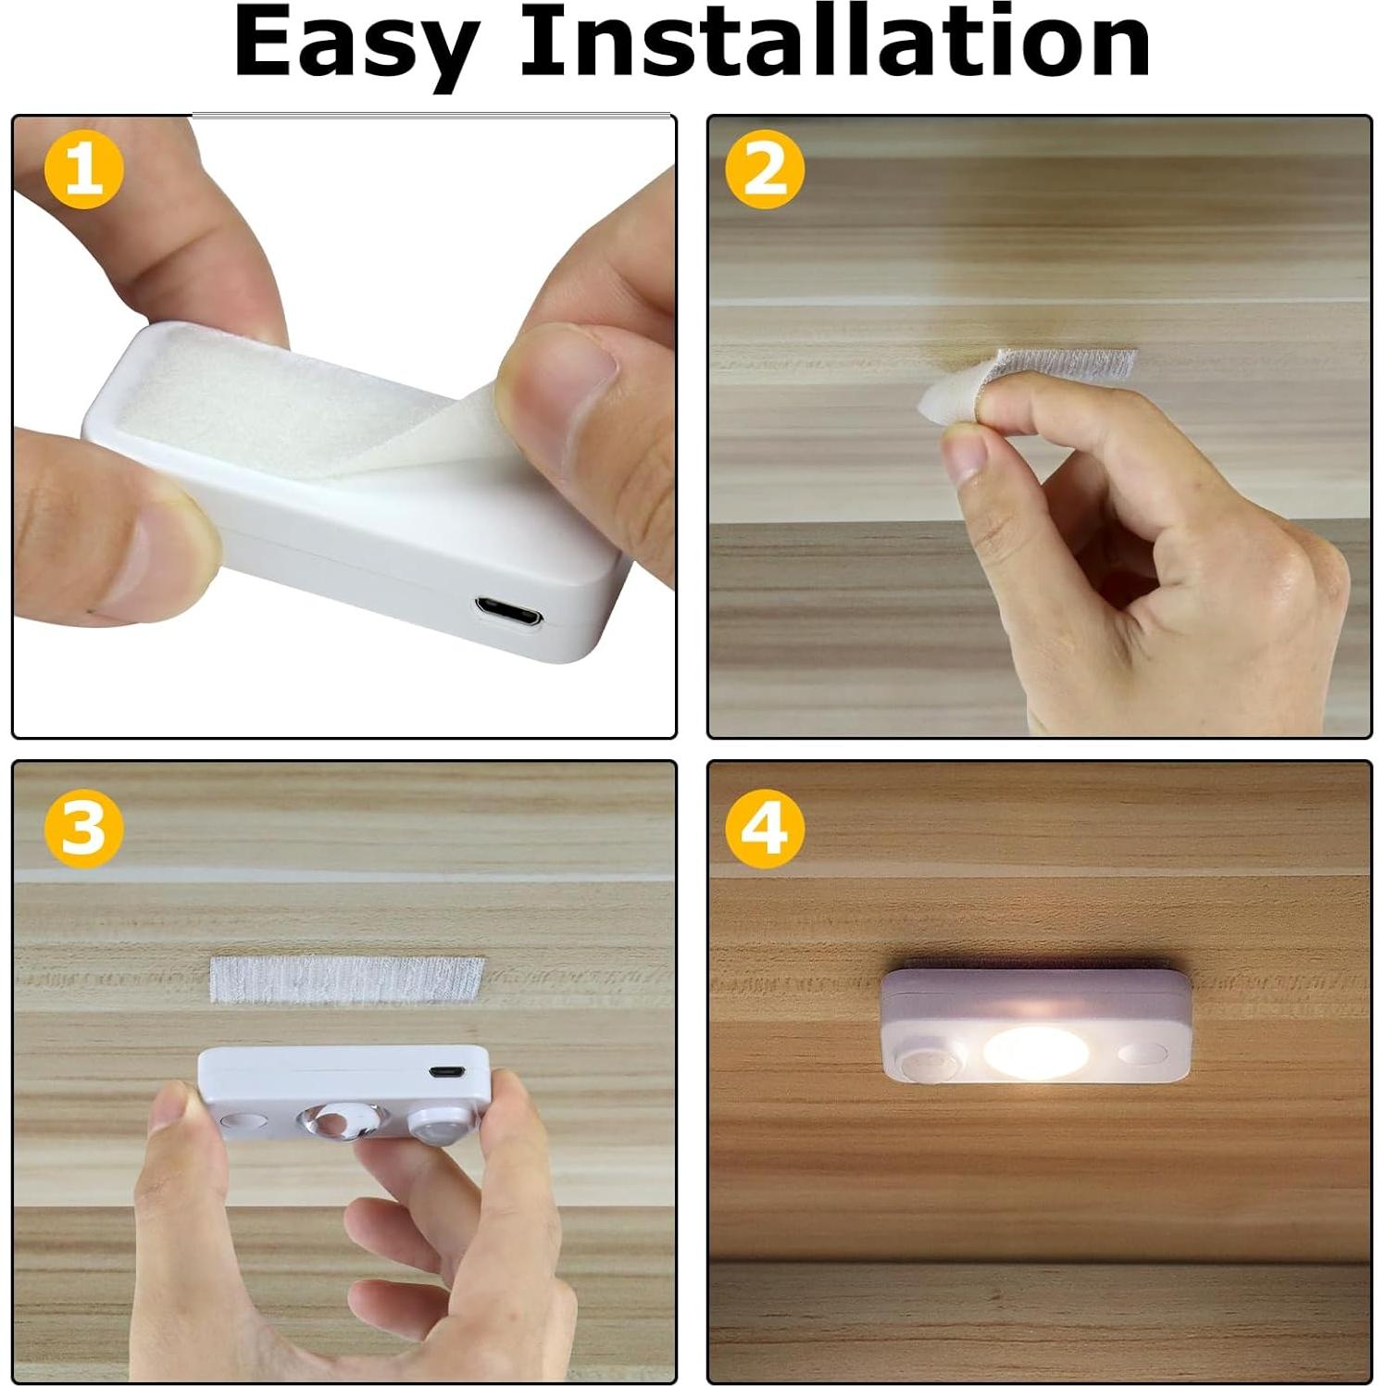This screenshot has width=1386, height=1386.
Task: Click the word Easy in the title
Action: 356,44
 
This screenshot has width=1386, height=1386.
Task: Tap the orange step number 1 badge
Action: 83,170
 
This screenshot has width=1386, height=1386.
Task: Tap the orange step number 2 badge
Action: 765,170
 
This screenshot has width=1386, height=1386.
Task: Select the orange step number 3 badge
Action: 83,828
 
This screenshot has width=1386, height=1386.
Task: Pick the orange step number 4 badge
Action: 765,828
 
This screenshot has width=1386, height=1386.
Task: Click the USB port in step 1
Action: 508,613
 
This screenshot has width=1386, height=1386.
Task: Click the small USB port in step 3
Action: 446,1071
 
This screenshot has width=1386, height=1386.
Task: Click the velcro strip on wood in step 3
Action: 347,980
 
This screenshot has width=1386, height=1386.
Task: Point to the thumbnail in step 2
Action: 962,457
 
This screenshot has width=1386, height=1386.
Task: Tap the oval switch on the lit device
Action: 1142,1054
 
